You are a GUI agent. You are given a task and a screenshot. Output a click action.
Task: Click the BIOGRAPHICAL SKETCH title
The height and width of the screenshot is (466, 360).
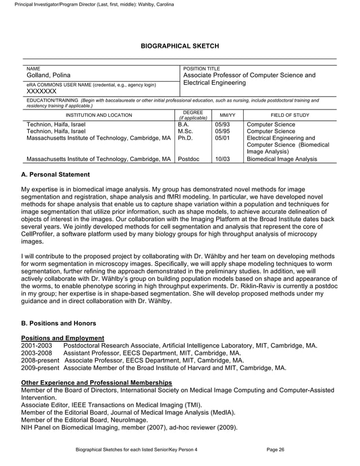coord(179,45)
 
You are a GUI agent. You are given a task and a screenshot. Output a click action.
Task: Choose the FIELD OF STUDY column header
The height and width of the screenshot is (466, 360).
coord(289,115)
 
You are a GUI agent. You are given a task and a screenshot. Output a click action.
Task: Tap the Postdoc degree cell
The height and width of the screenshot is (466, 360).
coord(190,160)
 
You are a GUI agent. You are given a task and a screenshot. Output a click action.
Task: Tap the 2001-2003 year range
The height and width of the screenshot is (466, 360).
coord(36,345)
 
